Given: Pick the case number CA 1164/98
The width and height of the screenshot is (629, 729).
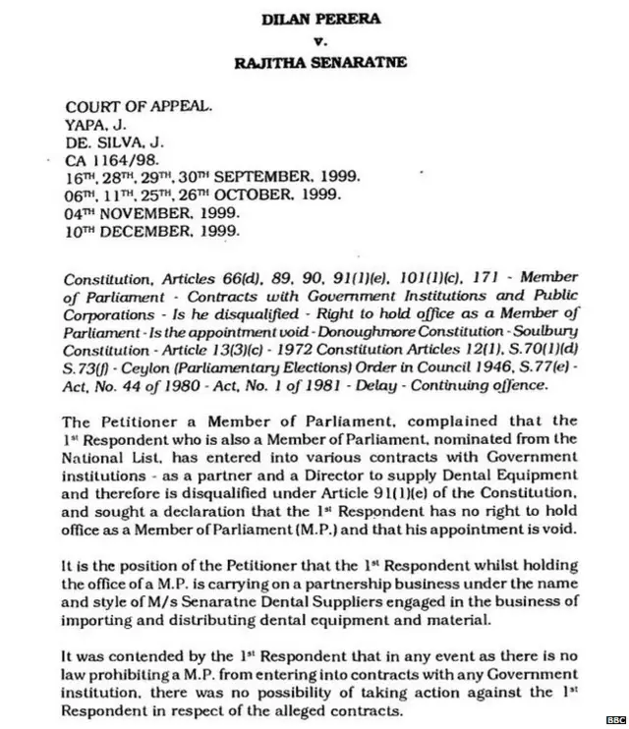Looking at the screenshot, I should pos(110,160).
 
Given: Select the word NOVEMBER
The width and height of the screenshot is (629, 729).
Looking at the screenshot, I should pos(146,213).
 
